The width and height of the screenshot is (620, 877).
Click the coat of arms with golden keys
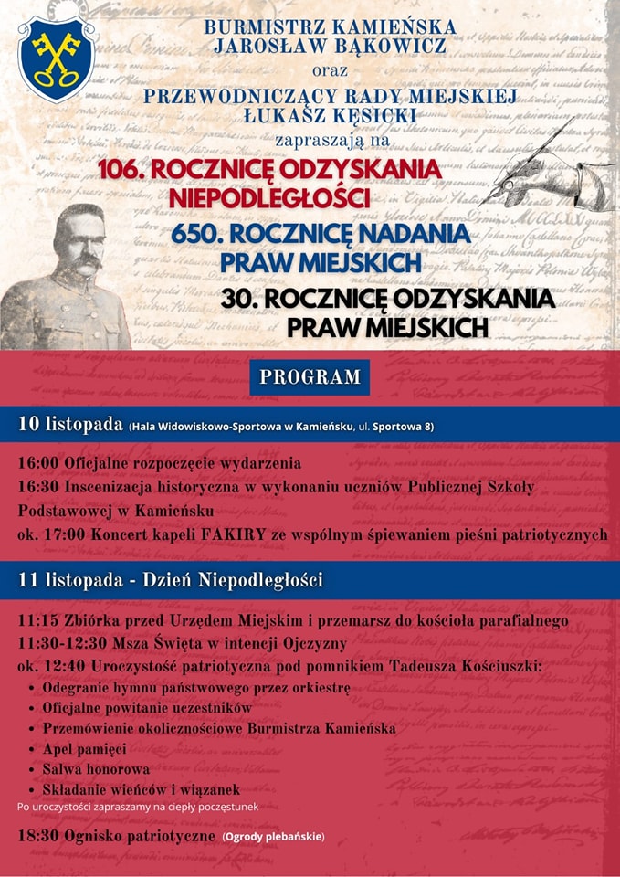pyautogui.click(x=57, y=58)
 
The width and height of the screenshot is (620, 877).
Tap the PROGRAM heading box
pyautogui.click(x=310, y=377)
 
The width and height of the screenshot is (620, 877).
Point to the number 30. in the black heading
pyautogui.click(x=240, y=300)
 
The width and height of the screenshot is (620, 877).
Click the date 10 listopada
pyautogui.click(x=70, y=426)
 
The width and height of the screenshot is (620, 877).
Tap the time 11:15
pyautogui.click(x=37, y=620)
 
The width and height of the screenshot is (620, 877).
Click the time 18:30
pyautogui.click(x=37, y=837)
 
